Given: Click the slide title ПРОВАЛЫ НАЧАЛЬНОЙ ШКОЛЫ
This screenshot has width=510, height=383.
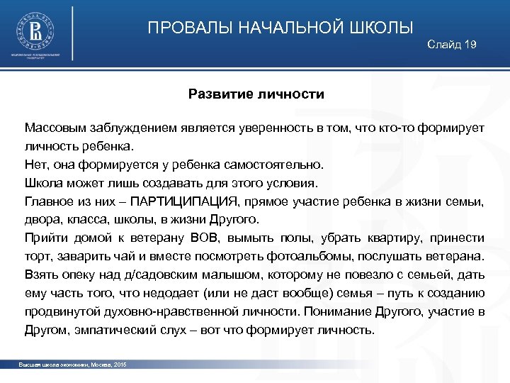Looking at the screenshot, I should pyautogui.click(x=280, y=28).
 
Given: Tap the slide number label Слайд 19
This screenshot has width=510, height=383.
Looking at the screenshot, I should pyautogui.click(x=452, y=45).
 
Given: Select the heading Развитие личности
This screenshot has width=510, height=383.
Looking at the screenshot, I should pyautogui.click(x=256, y=94).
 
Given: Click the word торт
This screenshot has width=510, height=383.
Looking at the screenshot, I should pyautogui.click(x=37, y=256).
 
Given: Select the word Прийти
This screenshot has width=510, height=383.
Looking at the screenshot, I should pyautogui.click(x=45, y=238).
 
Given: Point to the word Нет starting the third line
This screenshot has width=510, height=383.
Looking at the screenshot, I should pyautogui.click(x=35, y=165).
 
